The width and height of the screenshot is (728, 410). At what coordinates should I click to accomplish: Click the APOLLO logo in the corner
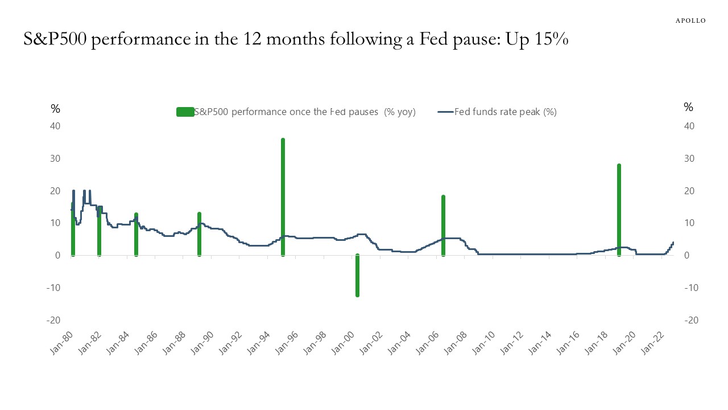pyautogui.click(x=690, y=20)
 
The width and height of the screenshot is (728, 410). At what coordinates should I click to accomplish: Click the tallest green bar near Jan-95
pyautogui.click(x=283, y=196)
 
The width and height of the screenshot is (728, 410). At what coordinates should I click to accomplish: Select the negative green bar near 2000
pyautogui.click(x=357, y=276)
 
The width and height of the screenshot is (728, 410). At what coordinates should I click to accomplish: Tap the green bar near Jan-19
pyautogui.click(x=619, y=210)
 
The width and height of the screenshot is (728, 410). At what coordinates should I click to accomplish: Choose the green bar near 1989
pyautogui.click(x=199, y=233)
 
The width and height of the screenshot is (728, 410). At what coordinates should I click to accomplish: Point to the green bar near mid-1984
pyautogui.click(x=136, y=234)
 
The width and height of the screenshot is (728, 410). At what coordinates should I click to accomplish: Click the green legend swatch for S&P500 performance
pyautogui.click(x=185, y=112)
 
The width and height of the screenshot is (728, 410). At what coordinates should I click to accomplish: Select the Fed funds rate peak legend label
pyautogui.click(x=505, y=112)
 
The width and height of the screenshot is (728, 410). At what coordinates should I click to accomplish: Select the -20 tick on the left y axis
pyautogui.click(x=52, y=320)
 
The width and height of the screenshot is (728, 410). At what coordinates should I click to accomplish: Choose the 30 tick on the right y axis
pyautogui.click(x=690, y=158)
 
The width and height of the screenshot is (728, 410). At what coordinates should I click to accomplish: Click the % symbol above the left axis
pyautogui.click(x=55, y=108)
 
